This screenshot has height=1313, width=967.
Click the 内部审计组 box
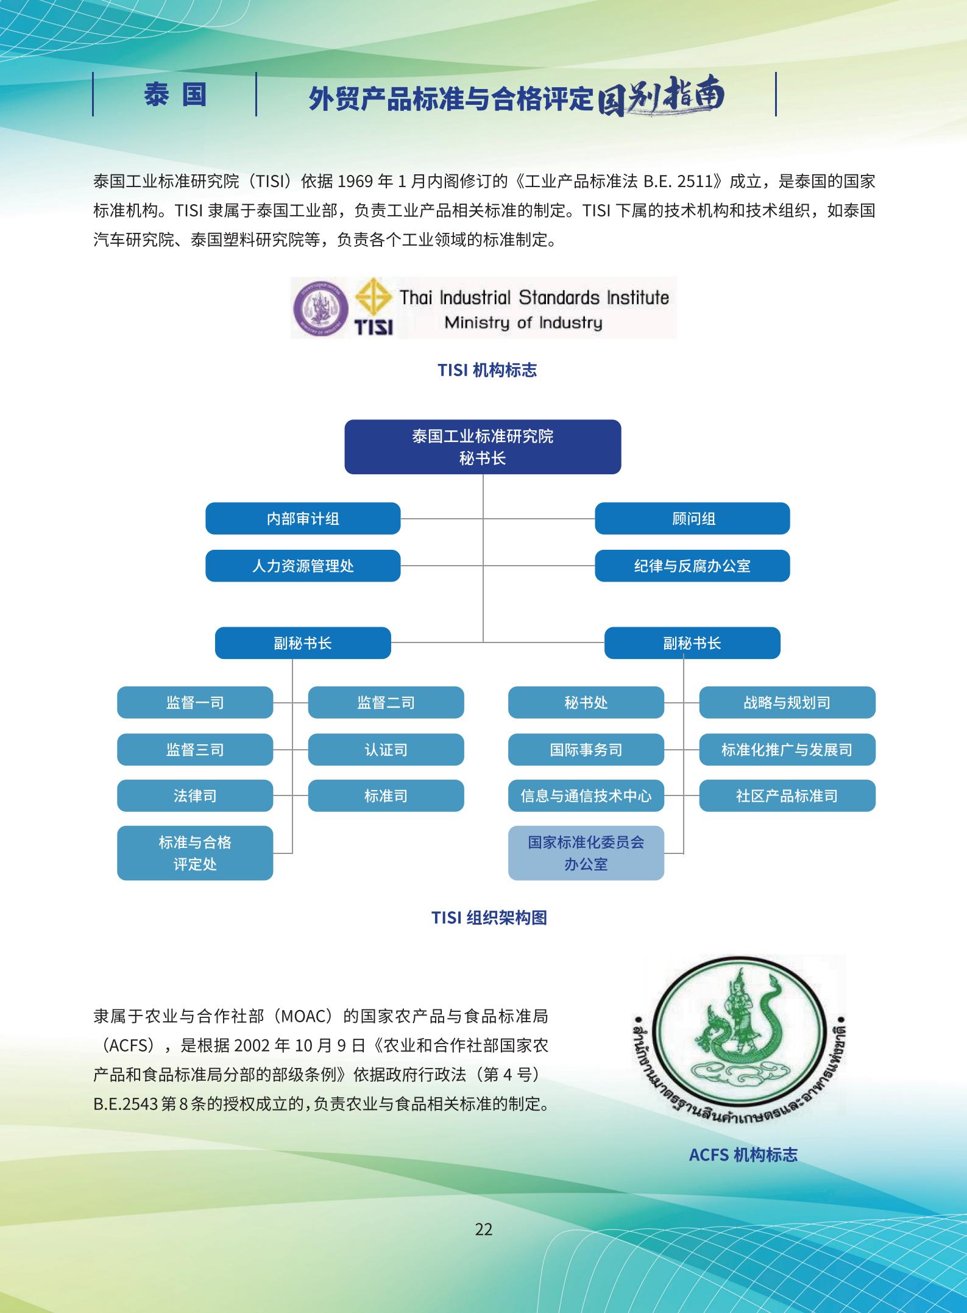pyautogui.click(x=303, y=519)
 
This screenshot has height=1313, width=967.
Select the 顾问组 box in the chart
pyautogui.click(x=692, y=519)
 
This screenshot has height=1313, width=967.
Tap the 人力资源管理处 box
pyautogui.click(x=303, y=566)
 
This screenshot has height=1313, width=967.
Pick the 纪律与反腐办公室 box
pyautogui.click(x=692, y=566)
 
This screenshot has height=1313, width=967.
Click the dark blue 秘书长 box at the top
pyautogui.click(x=483, y=447)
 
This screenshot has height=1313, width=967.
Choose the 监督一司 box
pyautogui.click(x=195, y=702)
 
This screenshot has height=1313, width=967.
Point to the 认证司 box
pyautogui.click(x=386, y=749)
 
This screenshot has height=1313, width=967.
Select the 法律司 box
pyautogui.click(x=195, y=795)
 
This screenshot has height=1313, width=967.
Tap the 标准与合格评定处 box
pyautogui.click(x=195, y=853)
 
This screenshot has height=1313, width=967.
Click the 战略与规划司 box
pyautogui.click(x=787, y=702)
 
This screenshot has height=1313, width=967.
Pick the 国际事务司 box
pyautogui.click(x=586, y=749)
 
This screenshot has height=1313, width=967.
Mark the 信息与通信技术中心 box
pyautogui.click(x=586, y=795)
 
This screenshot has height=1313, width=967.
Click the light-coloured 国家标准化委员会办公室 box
pyautogui.click(x=586, y=853)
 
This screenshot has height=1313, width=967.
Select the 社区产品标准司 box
pyautogui.click(x=787, y=795)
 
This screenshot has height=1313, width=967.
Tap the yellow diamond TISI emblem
pyautogui.click(x=374, y=299)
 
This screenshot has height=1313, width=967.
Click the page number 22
pyautogui.click(x=483, y=1229)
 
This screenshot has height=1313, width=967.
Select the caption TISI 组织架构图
pyautogui.click(x=489, y=917)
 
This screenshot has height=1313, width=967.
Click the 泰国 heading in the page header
pyautogui.click(x=175, y=94)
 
